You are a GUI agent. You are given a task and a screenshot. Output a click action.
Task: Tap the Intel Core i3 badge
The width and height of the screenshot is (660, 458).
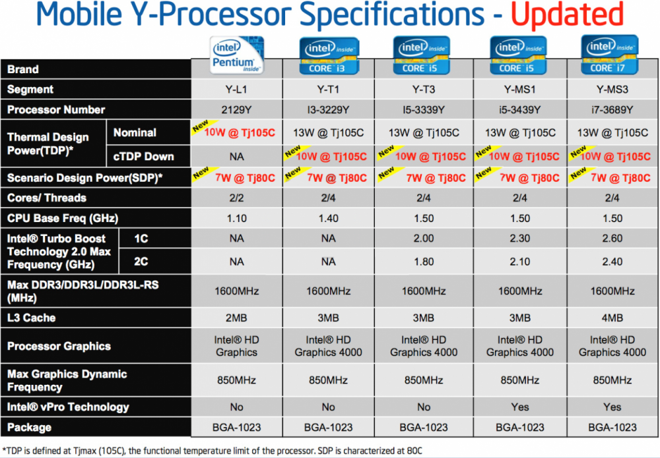tap(329, 56)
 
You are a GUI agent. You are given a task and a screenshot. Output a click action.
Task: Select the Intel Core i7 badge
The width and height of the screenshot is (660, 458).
tap(612, 56)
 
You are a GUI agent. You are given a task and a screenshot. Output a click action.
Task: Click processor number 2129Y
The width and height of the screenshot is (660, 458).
tap(236, 109)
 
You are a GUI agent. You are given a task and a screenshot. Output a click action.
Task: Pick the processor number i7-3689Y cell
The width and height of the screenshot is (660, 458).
tap(612, 109)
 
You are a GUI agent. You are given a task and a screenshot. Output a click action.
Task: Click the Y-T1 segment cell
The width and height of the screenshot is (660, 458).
tap(328, 90)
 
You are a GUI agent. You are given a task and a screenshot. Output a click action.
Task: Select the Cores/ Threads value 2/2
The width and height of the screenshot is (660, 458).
tap(236, 198)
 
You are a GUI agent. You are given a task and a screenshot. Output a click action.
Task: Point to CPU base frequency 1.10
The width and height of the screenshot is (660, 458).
tap(236, 218)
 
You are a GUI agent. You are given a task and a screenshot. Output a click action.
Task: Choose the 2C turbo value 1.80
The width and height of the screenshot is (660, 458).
tap(424, 262)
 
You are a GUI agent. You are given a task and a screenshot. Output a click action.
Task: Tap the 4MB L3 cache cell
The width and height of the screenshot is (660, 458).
tap(612, 318)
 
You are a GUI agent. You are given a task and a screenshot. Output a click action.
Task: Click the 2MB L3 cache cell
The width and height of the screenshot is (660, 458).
tap(236, 318)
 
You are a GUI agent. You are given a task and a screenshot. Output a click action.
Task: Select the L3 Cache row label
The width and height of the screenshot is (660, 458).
tap(31, 318)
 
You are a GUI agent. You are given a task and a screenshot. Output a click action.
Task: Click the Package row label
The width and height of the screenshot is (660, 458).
tap(30, 427)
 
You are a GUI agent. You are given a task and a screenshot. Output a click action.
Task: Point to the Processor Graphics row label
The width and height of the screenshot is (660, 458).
tap(59, 347)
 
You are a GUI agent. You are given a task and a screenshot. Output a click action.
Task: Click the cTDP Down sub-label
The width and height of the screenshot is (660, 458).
tap(143, 156)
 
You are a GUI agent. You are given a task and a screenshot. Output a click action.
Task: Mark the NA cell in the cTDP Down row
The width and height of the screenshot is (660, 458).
tap(236, 156)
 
